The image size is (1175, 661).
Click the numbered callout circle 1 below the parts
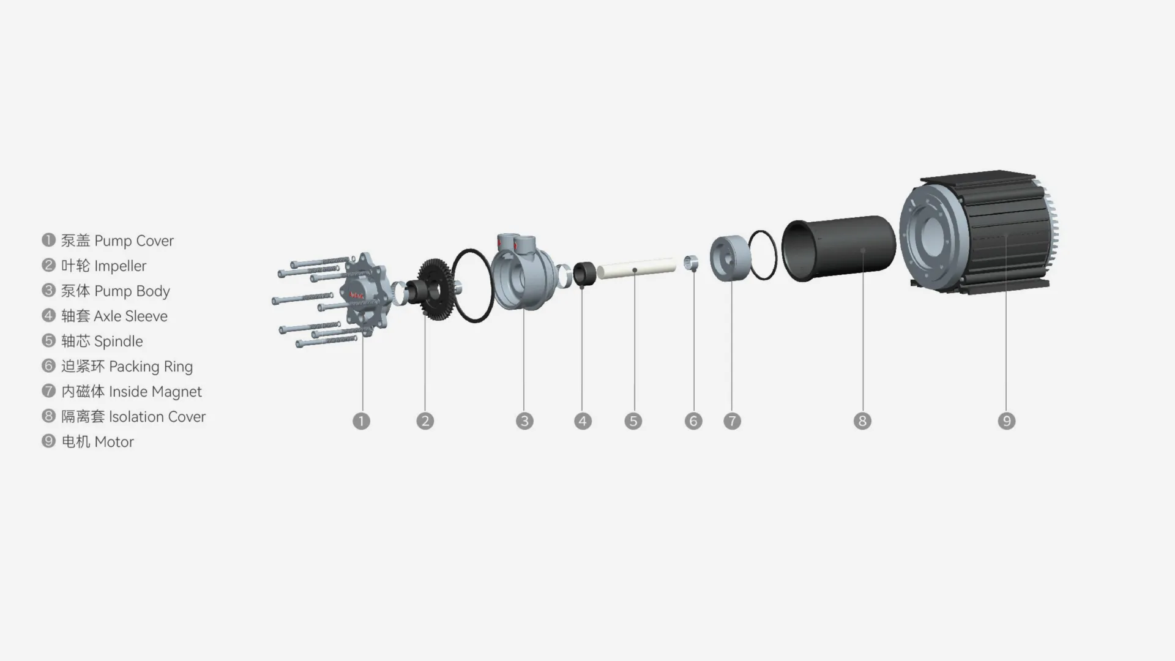click(361, 421)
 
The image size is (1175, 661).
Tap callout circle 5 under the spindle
click(633, 421)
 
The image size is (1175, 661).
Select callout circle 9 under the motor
click(1007, 421)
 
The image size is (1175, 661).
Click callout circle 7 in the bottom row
click(732, 421)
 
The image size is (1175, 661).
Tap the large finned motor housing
click(985, 233)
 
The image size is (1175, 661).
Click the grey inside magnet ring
click(731, 258)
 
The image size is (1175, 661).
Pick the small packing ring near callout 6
click(691, 263)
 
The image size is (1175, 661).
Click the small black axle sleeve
click(584, 274)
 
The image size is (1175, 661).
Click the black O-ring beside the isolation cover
click(763, 255)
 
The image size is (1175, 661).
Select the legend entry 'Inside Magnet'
click(155, 391)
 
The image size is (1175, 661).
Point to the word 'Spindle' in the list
click(118, 341)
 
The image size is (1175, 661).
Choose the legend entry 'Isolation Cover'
click(157, 416)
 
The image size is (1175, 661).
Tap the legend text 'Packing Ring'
click(151, 366)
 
